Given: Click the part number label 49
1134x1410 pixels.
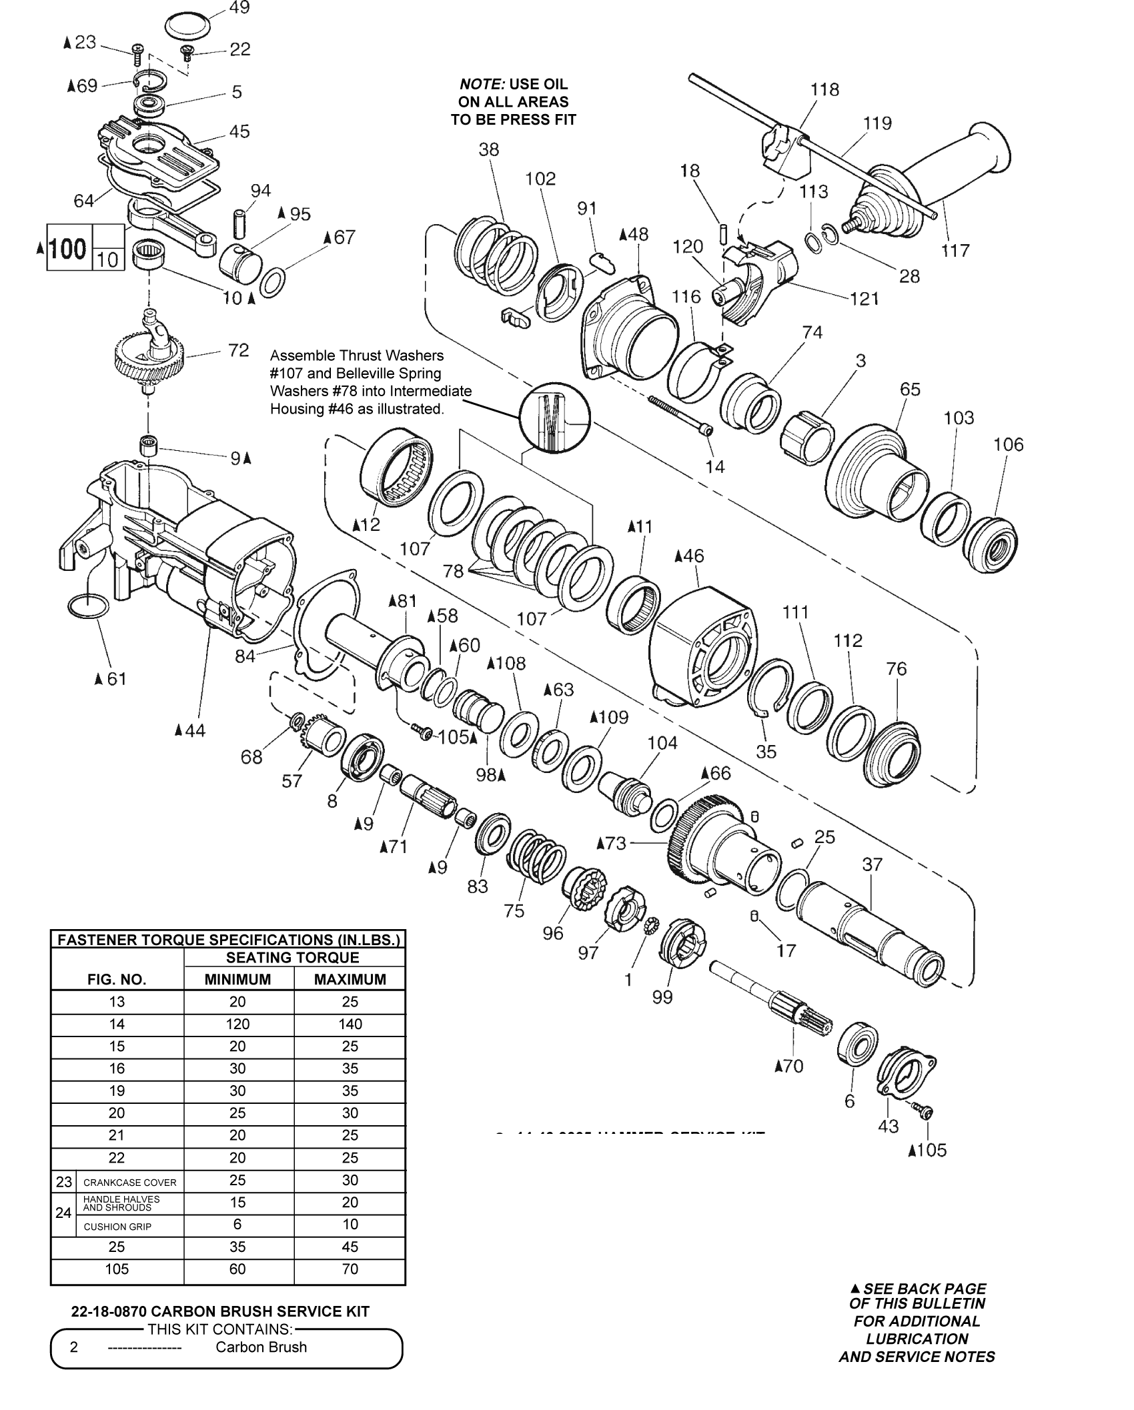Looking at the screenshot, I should click(x=239, y=8).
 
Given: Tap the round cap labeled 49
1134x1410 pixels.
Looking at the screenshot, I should click(x=187, y=27).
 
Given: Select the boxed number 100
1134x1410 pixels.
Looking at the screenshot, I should click(x=68, y=248).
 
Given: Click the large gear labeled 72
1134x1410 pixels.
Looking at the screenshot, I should click(x=148, y=361).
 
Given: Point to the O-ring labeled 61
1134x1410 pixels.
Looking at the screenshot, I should click(x=87, y=606).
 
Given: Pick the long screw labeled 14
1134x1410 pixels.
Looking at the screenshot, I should click(x=678, y=414).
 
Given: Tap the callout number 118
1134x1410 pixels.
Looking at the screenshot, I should click(x=824, y=89).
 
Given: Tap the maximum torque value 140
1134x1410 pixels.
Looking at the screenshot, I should click(x=350, y=1024).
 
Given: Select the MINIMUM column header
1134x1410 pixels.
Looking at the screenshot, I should click(x=237, y=979).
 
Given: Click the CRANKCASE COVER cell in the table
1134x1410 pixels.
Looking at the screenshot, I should click(x=130, y=1183).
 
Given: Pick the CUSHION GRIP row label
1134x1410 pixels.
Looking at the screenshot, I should click(x=117, y=1227).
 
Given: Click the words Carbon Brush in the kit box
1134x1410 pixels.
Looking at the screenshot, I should click(x=261, y=1347).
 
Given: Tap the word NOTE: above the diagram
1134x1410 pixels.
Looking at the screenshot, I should click(x=482, y=85).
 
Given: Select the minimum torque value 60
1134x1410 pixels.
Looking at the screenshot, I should click(x=237, y=1269).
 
